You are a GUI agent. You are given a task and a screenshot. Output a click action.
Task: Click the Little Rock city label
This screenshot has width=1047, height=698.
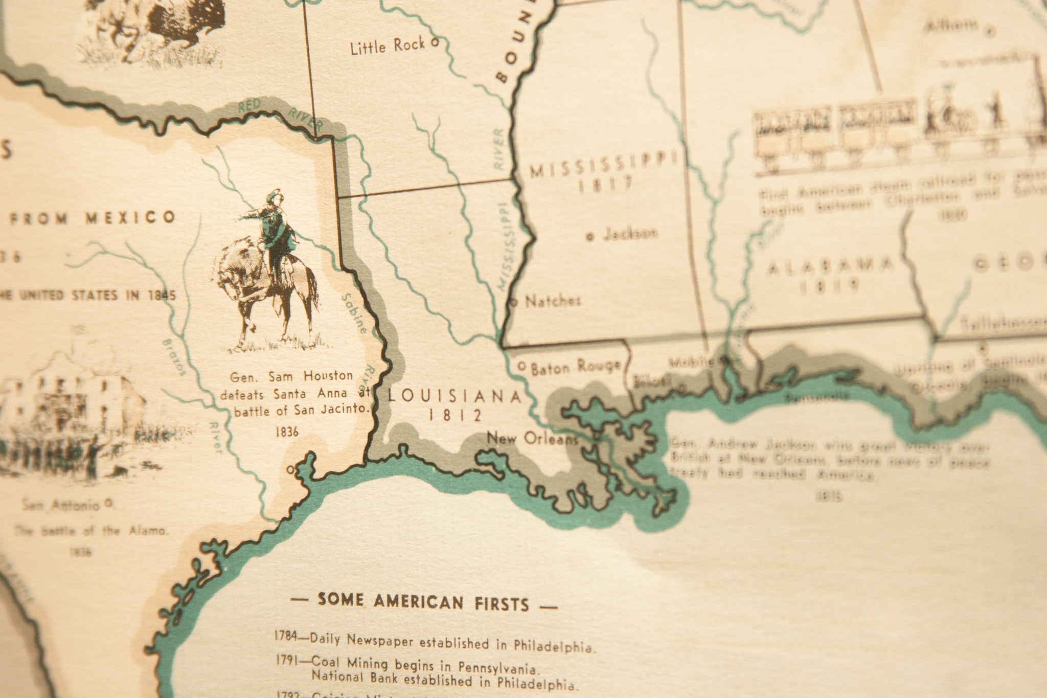pyautogui.click(x=388, y=47)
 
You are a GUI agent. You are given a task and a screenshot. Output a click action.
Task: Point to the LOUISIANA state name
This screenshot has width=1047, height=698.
pyautogui.click(x=454, y=396)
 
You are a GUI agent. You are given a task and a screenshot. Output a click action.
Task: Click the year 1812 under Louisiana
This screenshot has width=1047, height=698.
pyautogui.click(x=455, y=415)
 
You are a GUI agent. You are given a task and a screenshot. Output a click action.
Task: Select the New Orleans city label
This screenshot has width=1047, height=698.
pyautogui.click(x=532, y=439)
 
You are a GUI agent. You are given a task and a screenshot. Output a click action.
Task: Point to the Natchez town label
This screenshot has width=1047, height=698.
pyautogui.click(x=553, y=301)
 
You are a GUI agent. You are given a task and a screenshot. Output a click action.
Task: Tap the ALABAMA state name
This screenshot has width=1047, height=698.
pyautogui.click(x=831, y=266)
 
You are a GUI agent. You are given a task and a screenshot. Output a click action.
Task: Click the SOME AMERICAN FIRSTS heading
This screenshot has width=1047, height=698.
pyautogui.click(x=423, y=602)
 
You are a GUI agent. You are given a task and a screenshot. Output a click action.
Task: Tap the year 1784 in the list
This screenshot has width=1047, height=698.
pyautogui.click(x=286, y=637)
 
